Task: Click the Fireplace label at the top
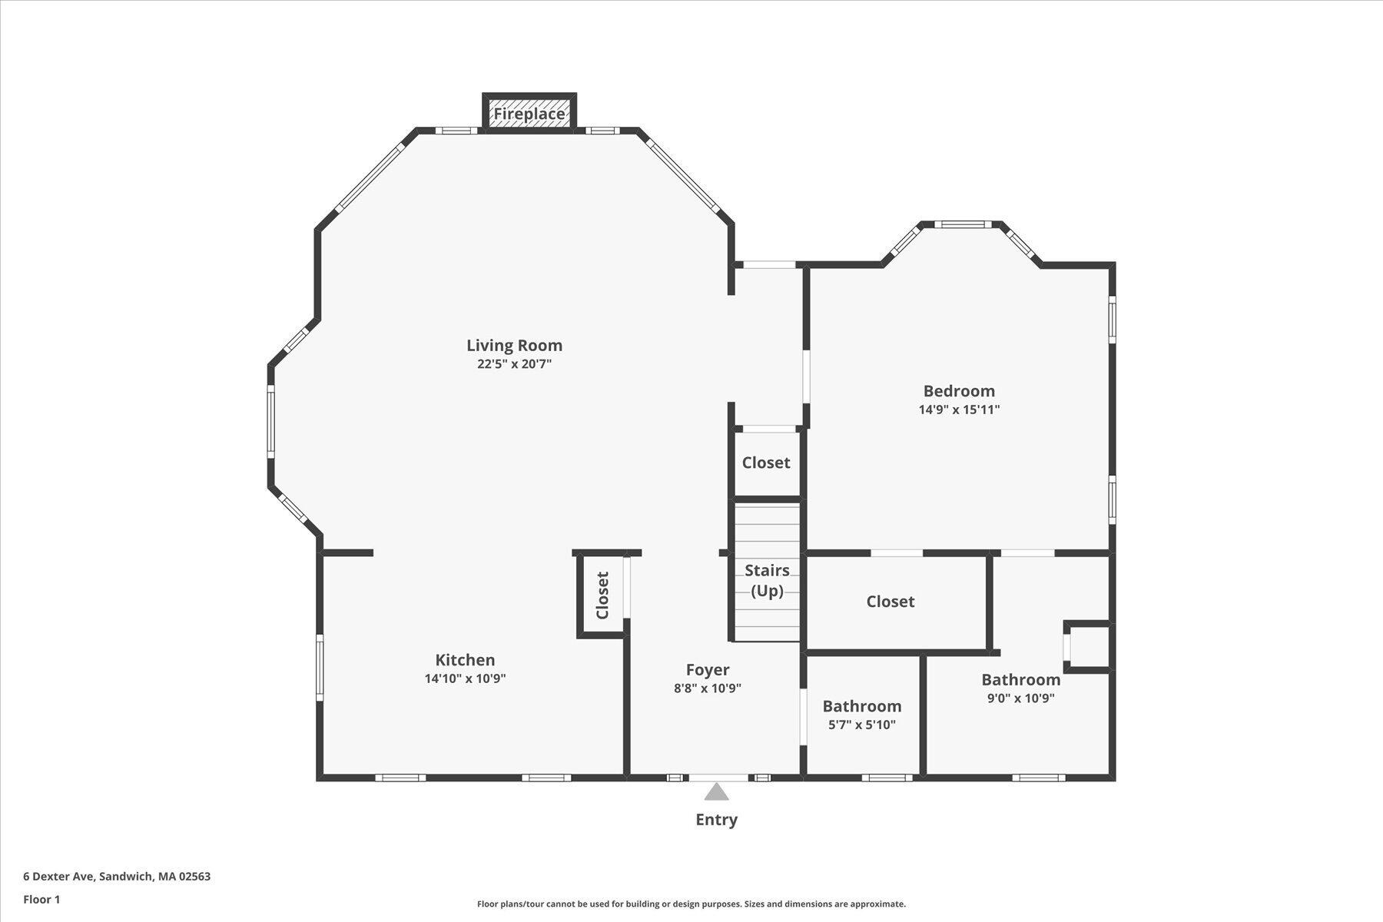[529, 114]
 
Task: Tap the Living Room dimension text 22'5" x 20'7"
[514, 364]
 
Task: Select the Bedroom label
[958, 391]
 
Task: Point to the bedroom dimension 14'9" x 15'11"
[959, 410]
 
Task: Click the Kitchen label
[465, 660]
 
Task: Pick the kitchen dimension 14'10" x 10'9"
[465, 678]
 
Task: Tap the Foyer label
[707, 670]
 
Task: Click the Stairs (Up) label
[767, 580]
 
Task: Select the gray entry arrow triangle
[716, 792]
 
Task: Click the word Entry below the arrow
[716, 820]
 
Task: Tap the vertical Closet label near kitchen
[602, 595]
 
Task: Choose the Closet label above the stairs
[765, 463]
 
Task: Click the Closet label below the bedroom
[890, 602]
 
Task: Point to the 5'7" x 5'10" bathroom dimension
[861, 725]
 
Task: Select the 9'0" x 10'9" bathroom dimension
[1020, 698]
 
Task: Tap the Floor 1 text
[41, 899]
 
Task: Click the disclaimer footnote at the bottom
[691, 904]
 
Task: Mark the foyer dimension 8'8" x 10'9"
[707, 688]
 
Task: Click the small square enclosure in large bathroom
[1089, 647]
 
